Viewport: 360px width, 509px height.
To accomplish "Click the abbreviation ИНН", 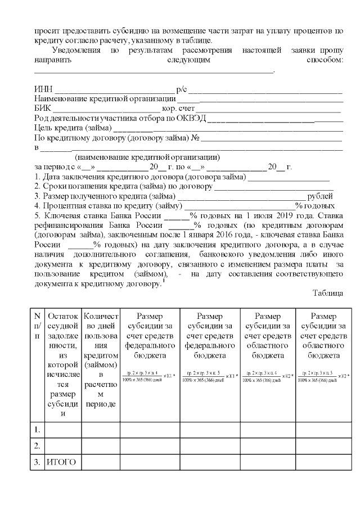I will tap(43, 89).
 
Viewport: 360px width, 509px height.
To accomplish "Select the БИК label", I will tap(43, 108).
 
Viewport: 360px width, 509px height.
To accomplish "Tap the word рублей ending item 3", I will tap(323, 196).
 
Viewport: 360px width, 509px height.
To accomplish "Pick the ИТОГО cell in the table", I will tap(60, 462).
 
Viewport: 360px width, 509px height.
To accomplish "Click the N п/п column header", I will tap(37, 326).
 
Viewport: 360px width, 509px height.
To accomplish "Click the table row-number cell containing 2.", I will tap(37, 446).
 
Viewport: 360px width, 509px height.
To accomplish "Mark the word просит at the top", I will tap(46, 31).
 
